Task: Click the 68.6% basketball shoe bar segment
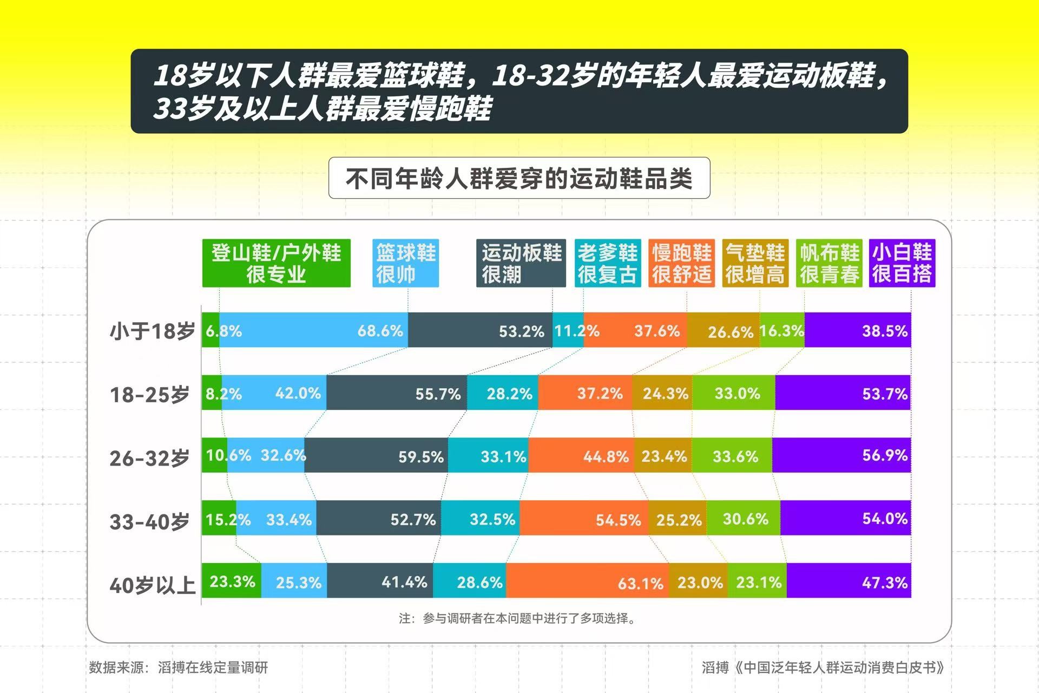314,330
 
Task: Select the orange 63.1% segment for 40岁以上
587,580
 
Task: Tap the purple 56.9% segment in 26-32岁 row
841,455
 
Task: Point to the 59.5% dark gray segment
376,455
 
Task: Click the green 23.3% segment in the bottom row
232,580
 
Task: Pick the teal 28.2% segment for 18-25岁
503,393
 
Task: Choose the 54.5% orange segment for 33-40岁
584,518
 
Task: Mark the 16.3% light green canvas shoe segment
782,330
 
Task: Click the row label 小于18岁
152,331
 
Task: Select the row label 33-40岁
149,521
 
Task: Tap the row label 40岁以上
152,585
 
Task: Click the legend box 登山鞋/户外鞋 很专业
276,263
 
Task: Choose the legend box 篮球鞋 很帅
405,263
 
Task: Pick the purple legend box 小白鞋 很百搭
902,263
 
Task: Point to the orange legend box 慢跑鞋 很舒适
681,263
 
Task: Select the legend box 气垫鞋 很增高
755,263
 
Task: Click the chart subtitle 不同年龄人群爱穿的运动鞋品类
519,178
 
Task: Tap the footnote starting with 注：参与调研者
518,618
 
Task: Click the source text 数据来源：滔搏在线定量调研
179,667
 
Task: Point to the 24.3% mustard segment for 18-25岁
662,393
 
